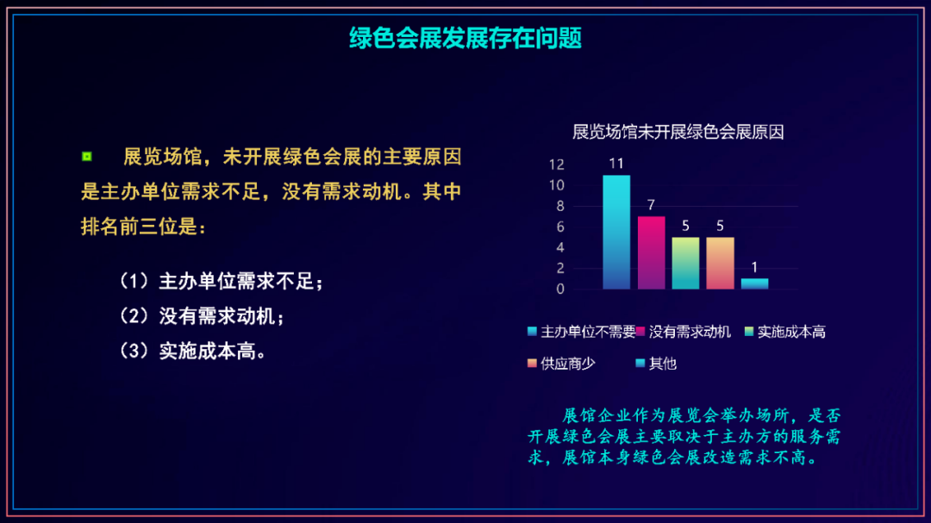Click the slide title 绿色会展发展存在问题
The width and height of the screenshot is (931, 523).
[465, 39]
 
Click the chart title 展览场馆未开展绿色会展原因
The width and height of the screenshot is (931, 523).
[678, 132]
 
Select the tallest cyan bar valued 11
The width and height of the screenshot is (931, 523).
[616, 232]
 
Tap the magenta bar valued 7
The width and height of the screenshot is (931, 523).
[652, 253]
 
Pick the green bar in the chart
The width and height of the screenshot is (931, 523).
[685, 264]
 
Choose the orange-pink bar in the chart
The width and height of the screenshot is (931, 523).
[720, 264]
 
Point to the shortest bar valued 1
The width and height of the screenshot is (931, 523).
[754, 283]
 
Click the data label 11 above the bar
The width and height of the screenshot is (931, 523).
[616, 164]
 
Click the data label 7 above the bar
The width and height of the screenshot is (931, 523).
[652, 205]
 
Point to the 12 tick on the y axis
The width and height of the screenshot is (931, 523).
[556, 165]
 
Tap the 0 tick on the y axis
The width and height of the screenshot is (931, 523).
[560, 290]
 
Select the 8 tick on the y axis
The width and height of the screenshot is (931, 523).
[560, 206]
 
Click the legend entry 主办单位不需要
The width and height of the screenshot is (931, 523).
[581, 332]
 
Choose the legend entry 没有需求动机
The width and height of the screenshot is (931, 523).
[684, 332]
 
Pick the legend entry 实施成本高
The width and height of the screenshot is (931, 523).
[785, 332]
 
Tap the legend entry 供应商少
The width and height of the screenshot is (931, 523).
[561, 364]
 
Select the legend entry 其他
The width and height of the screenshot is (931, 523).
[656, 364]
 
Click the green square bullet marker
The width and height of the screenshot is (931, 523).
[87, 157]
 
